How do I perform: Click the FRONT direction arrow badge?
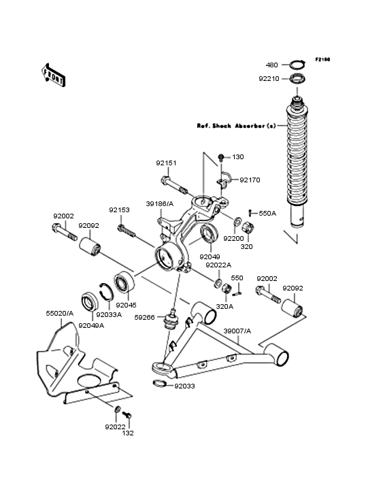(x=54, y=74)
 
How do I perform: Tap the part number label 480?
(x=271, y=65)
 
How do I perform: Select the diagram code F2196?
(x=322, y=60)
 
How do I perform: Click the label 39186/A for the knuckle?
(x=160, y=203)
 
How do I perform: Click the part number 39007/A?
(x=237, y=331)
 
